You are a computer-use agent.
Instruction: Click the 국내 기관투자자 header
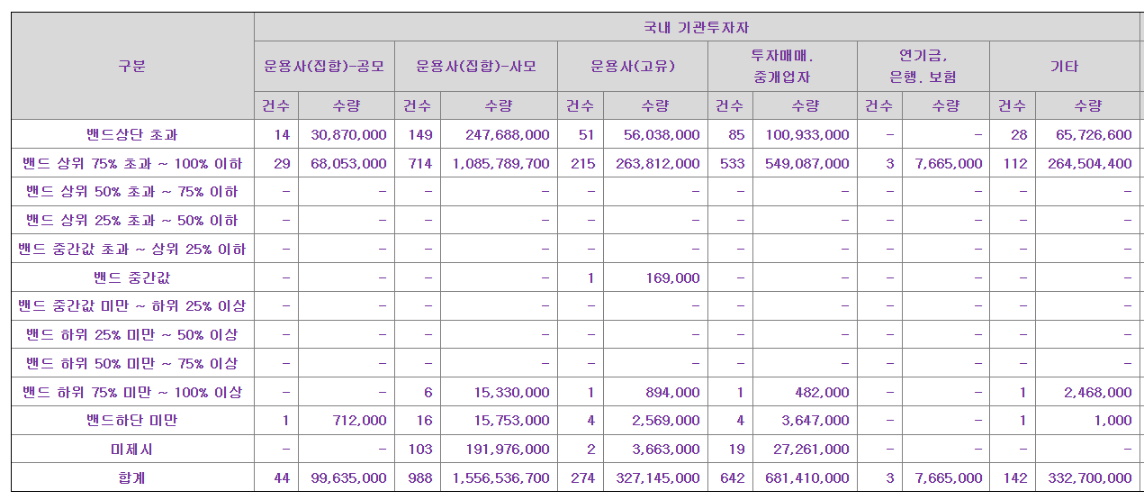tap(698, 28)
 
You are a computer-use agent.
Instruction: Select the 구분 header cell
tap(132, 67)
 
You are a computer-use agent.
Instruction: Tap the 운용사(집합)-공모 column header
tap(324, 67)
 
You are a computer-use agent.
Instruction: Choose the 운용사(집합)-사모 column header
tap(475, 67)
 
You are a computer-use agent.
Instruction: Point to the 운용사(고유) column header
tap(632, 67)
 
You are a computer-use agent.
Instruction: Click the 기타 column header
tap(1065, 67)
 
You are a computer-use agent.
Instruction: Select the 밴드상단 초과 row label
tap(132, 135)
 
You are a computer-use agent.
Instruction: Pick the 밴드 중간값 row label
tap(132, 277)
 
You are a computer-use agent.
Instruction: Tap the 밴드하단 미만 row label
tap(132, 421)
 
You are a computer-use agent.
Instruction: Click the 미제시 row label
tap(132, 449)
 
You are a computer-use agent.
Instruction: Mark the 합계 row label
tap(132, 478)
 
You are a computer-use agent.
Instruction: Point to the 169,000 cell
tap(672, 277)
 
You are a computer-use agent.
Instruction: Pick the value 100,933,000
tap(807, 135)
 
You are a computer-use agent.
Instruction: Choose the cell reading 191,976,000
tap(507, 449)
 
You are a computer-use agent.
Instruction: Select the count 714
tap(417, 164)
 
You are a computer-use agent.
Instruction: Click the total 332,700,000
tap(1090, 478)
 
